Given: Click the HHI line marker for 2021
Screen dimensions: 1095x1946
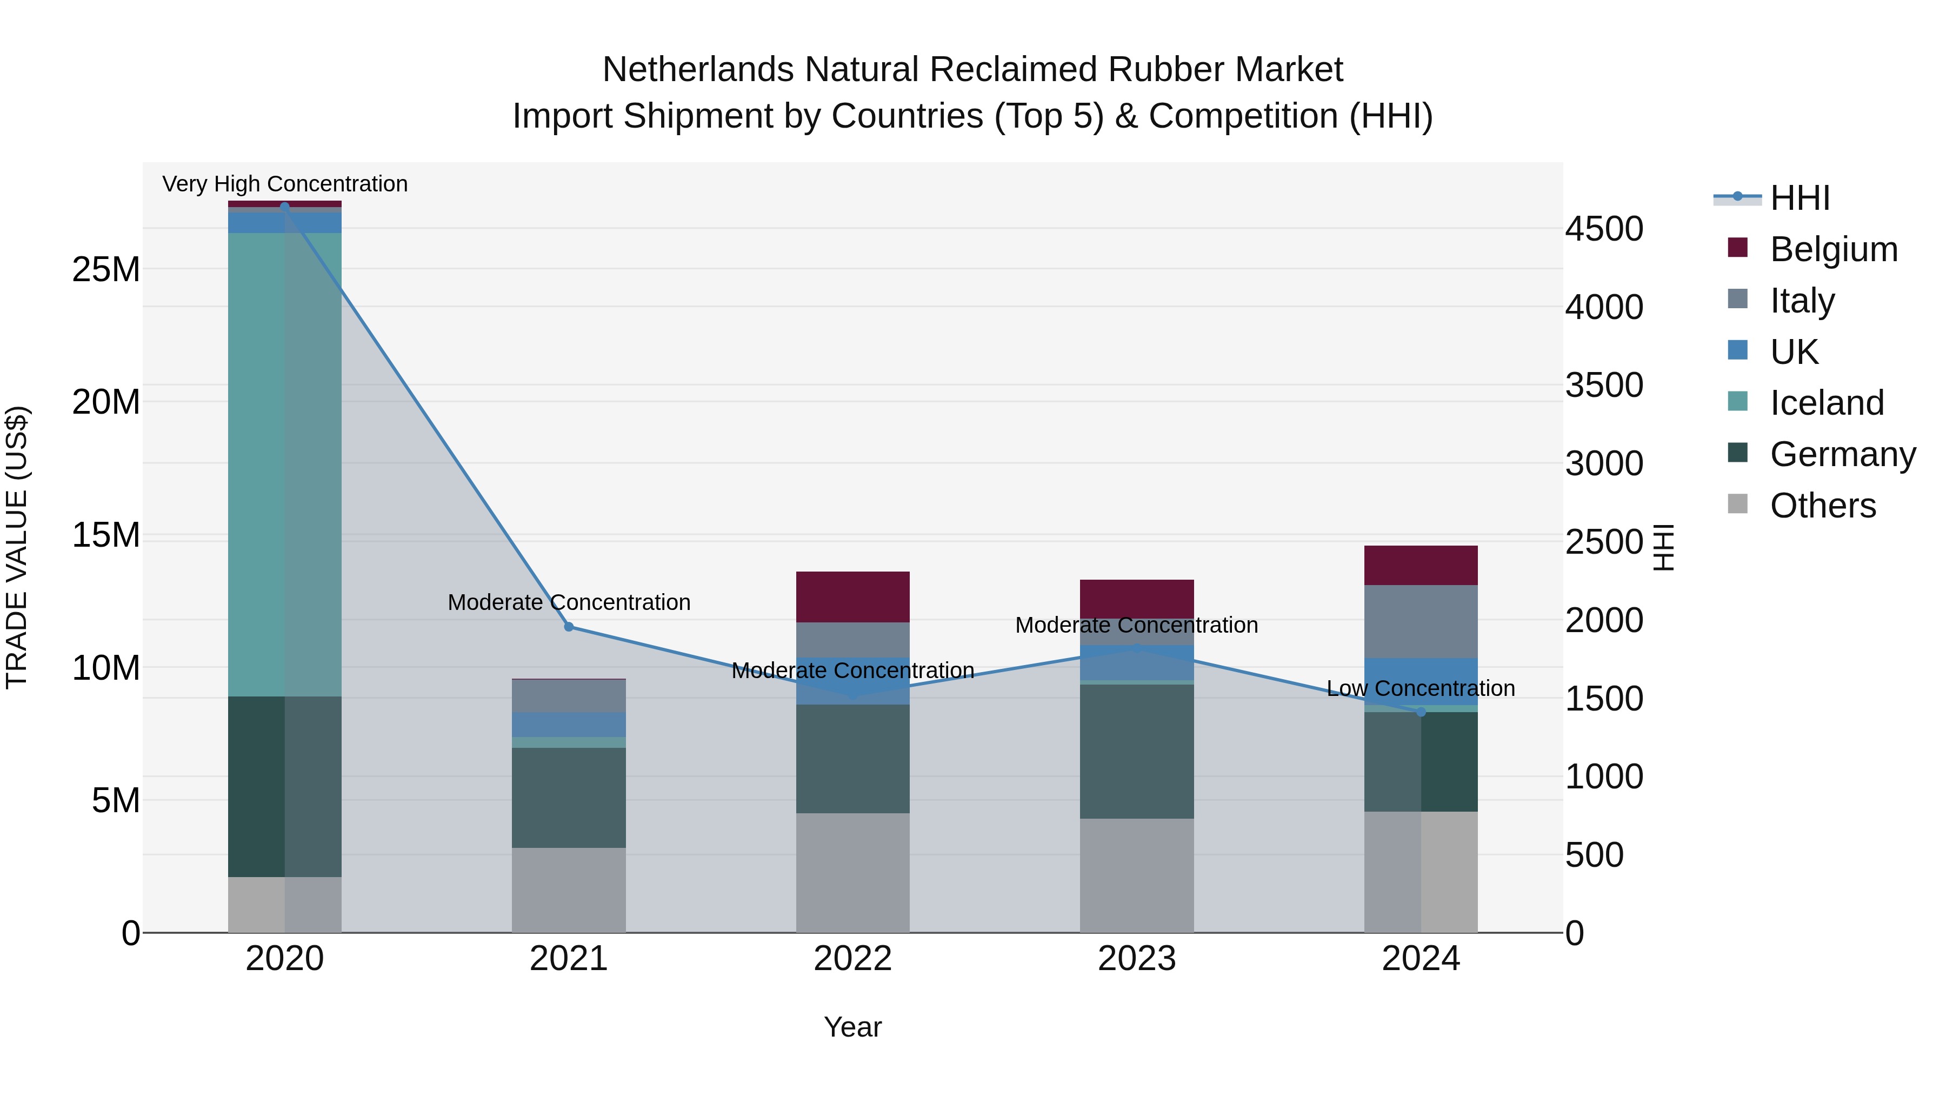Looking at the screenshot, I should click(569, 627).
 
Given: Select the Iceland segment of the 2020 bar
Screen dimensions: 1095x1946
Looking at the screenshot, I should click(285, 464).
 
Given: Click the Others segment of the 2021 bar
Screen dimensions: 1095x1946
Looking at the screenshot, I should click(569, 890).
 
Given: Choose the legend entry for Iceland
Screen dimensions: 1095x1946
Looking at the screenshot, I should click(1827, 403).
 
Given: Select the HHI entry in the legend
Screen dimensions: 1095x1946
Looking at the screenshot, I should click(1800, 198).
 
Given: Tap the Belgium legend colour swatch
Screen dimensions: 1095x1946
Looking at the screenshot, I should click(1737, 248).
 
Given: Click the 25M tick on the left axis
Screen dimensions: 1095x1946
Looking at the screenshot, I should click(106, 270).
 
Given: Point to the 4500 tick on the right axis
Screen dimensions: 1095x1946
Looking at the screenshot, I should click(1604, 229).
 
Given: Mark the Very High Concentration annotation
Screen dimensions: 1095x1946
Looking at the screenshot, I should click(285, 184).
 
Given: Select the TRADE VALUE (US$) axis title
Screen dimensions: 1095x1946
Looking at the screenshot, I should click(17, 547).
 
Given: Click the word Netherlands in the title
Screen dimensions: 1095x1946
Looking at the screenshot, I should click(697, 70).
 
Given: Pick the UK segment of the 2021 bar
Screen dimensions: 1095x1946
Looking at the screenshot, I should click(569, 725).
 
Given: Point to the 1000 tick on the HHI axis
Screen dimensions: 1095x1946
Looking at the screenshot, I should click(1604, 777).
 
